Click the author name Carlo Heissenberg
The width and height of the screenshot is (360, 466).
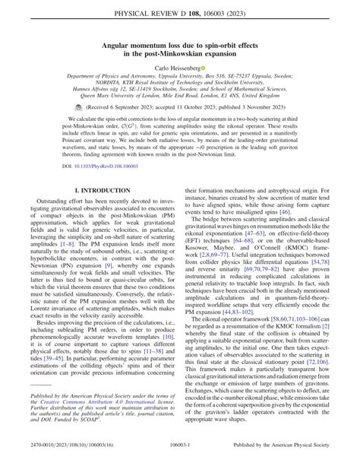point(177,68)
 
